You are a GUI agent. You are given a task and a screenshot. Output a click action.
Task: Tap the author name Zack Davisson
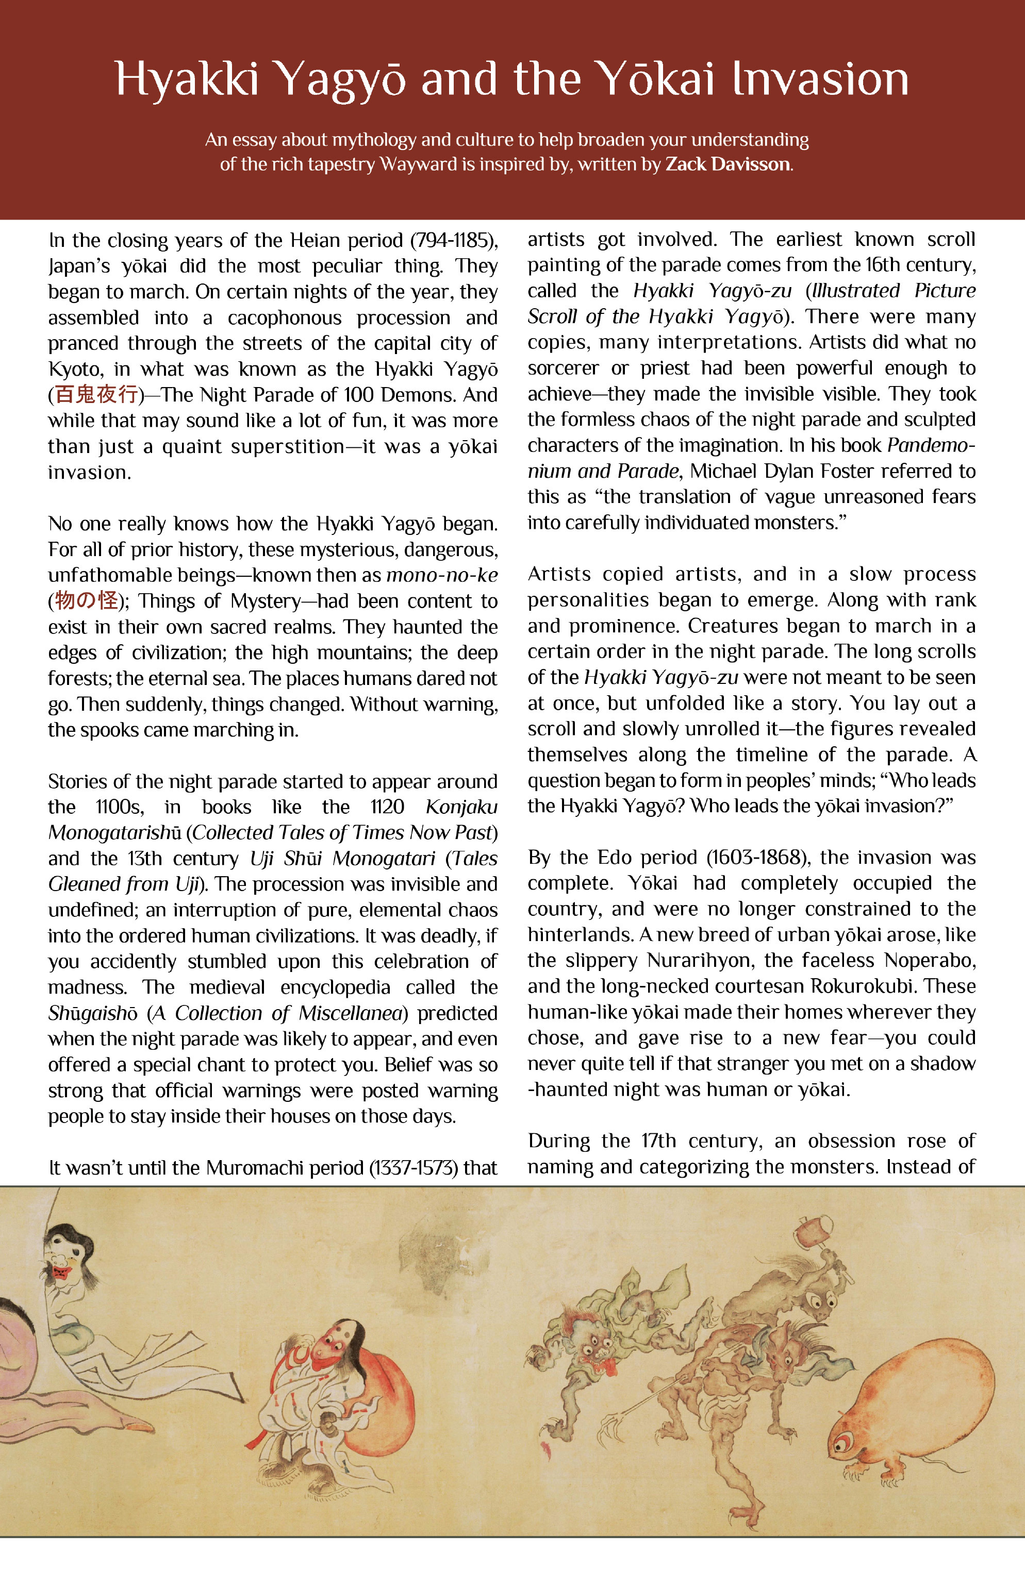coord(727,164)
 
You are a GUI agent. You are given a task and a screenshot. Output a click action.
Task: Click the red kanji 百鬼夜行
coord(96,395)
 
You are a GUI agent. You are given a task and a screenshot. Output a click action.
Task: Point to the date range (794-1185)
coord(454,240)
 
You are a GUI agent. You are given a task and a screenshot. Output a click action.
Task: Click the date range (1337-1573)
coord(413,1168)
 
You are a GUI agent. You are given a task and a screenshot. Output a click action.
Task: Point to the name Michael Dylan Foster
coord(781,471)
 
